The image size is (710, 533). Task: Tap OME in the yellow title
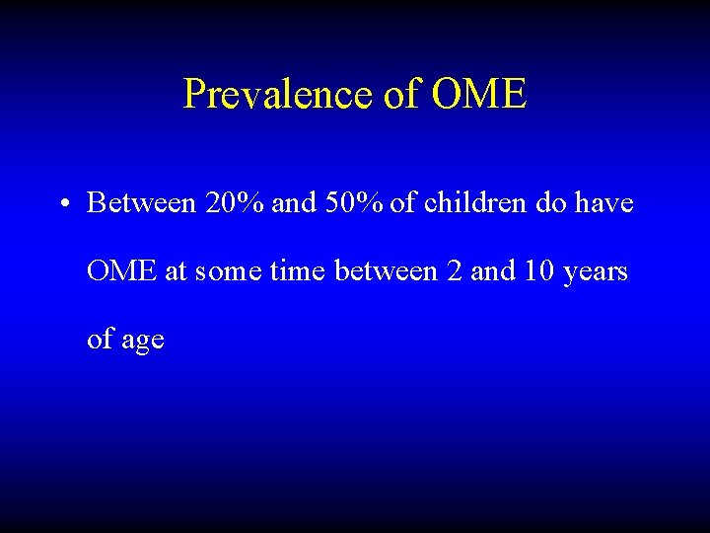(x=480, y=94)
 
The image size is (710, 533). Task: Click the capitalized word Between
(x=142, y=203)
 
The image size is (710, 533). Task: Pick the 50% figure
(x=355, y=203)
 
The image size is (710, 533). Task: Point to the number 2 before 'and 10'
(x=454, y=271)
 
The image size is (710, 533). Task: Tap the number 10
(x=538, y=271)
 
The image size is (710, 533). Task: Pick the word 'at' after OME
(x=176, y=272)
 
